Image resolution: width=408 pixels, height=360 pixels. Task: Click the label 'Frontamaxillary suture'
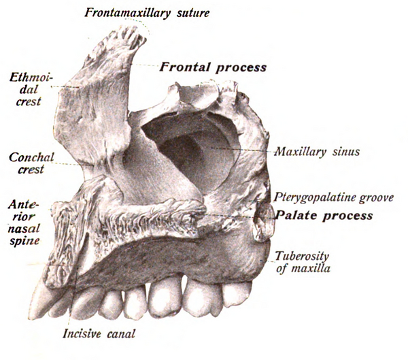(147, 12)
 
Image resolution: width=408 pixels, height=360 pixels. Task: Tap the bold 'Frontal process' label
(213, 67)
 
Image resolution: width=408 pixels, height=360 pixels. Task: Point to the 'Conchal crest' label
(31, 163)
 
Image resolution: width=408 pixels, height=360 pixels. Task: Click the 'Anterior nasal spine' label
(24, 223)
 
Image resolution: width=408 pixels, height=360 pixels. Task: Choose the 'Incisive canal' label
(99, 333)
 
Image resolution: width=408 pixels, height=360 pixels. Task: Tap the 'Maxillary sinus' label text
(318, 151)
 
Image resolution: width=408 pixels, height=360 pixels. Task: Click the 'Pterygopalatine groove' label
(334, 198)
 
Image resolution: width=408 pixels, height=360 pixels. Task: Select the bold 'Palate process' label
(324, 216)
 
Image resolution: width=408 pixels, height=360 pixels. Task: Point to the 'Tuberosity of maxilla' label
(303, 262)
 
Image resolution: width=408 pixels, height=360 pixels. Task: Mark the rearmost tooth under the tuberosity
(236, 294)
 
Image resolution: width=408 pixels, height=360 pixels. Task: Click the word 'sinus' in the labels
(346, 151)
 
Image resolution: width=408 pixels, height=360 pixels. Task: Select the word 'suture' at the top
(193, 13)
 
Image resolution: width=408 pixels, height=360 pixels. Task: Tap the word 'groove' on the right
(376, 198)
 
